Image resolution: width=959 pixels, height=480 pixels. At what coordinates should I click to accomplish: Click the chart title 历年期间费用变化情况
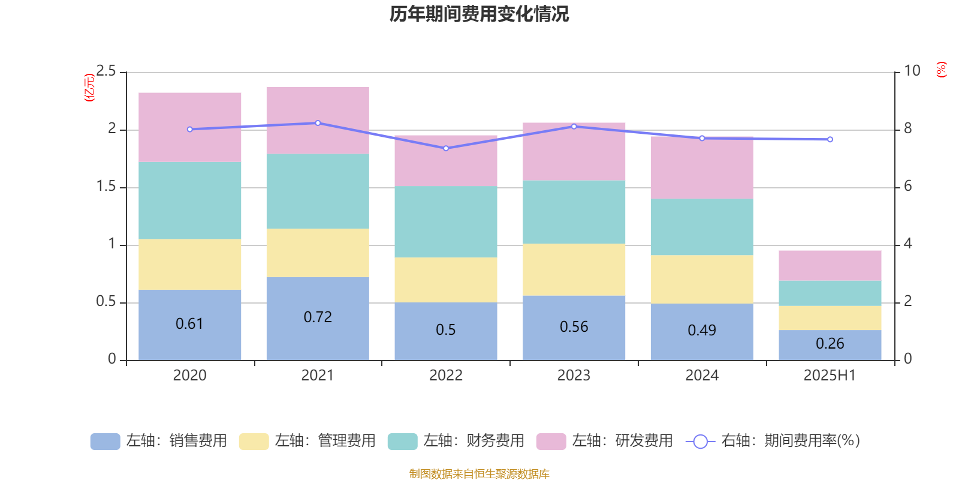pyautogui.click(x=479, y=14)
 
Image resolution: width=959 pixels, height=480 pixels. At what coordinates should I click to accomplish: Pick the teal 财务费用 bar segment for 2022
pyautogui.click(x=446, y=221)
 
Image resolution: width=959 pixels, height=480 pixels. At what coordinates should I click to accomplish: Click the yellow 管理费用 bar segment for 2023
pyautogui.click(x=574, y=269)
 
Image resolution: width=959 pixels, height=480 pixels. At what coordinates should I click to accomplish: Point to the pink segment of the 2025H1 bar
pyautogui.click(x=830, y=265)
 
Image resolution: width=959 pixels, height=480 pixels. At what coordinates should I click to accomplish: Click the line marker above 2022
pyautogui.click(x=446, y=148)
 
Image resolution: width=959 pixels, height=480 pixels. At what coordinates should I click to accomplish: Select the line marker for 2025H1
pyautogui.click(x=830, y=139)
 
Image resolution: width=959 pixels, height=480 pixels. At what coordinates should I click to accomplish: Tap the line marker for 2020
pyautogui.click(x=190, y=129)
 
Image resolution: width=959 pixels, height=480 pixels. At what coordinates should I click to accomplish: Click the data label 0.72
pyautogui.click(x=318, y=317)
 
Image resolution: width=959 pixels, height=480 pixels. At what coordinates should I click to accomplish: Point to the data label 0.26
pyautogui.click(x=830, y=343)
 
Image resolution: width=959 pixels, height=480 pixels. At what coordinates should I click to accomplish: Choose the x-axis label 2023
pyautogui.click(x=574, y=376)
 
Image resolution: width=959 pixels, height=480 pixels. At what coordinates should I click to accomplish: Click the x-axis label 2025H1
pyautogui.click(x=830, y=376)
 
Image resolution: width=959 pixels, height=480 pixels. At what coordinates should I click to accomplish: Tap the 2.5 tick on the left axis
pyautogui.click(x=106, y=71)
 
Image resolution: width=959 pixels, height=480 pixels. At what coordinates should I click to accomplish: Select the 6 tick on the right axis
pyautogui.click(x=908, y=186)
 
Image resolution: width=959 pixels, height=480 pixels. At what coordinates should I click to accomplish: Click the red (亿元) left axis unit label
pyautogui.click(x=90, y=88)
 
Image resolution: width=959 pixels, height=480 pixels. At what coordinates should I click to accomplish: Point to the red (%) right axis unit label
pyautogui.click(x=942, y=70)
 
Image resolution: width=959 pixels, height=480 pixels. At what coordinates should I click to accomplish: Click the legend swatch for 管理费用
pyautogui.click(x=254, y=441)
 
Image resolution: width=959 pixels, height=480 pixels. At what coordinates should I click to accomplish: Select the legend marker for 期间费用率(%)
pyautogui.click(x=700, y=442)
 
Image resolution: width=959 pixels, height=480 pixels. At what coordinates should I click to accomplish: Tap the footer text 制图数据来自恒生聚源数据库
pyautogui.click(x=479, y=474)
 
